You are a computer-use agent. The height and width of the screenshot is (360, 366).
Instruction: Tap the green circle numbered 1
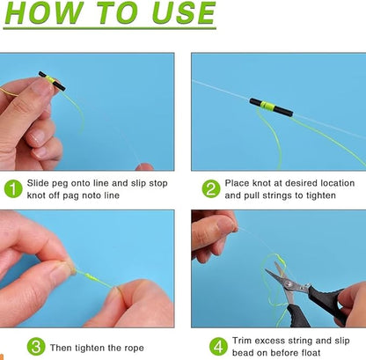pos(14,188)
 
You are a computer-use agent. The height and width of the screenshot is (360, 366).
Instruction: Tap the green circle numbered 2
pos(210,188)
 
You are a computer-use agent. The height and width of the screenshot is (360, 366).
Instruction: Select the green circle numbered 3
pos(35,346)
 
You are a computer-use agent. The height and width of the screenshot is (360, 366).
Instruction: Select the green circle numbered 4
pos(218,346)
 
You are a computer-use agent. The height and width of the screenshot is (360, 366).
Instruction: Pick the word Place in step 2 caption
pos(240,183)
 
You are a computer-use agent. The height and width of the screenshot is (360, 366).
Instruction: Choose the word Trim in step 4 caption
pos(244,340)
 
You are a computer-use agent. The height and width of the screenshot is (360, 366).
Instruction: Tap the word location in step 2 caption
pos(335,183)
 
